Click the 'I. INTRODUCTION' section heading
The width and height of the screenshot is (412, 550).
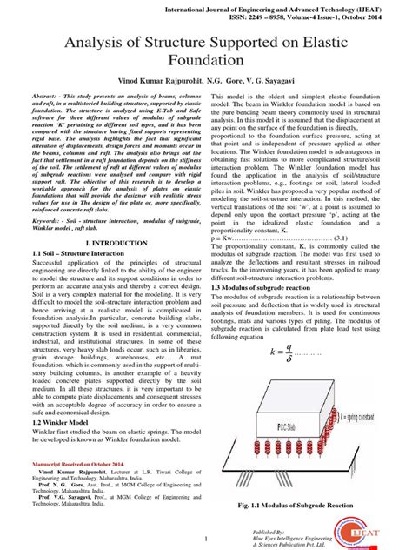click(x=107, y=242)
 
